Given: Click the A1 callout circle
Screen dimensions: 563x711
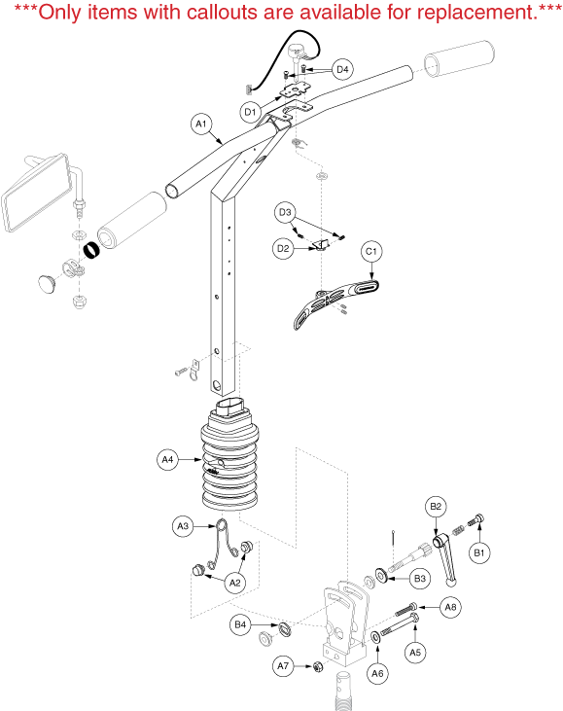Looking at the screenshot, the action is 201,124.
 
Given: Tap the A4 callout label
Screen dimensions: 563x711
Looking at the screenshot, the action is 167,459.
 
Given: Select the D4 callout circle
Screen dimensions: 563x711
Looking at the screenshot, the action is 342,69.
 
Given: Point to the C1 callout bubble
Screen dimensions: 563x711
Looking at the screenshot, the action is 371,252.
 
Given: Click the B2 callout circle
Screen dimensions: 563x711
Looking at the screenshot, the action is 436,507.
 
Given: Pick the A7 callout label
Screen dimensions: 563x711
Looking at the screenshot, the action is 283,665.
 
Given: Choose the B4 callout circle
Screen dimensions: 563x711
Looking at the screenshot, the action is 240,624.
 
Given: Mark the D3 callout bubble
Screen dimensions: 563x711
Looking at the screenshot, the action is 285,212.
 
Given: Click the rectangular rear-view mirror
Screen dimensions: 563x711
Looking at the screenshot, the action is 36,192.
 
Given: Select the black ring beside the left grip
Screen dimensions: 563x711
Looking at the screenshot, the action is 91,249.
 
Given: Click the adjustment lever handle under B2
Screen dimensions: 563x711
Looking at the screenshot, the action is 445,560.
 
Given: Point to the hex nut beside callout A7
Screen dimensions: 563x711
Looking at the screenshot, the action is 318,666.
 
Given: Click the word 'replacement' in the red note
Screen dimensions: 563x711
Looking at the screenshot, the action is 475,13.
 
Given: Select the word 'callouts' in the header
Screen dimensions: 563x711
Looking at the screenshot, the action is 222,12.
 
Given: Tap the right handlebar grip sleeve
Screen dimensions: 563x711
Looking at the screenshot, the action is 459,59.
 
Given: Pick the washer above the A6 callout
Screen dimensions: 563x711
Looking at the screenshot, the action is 375,637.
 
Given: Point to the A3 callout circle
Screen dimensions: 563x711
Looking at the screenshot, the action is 183,526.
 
